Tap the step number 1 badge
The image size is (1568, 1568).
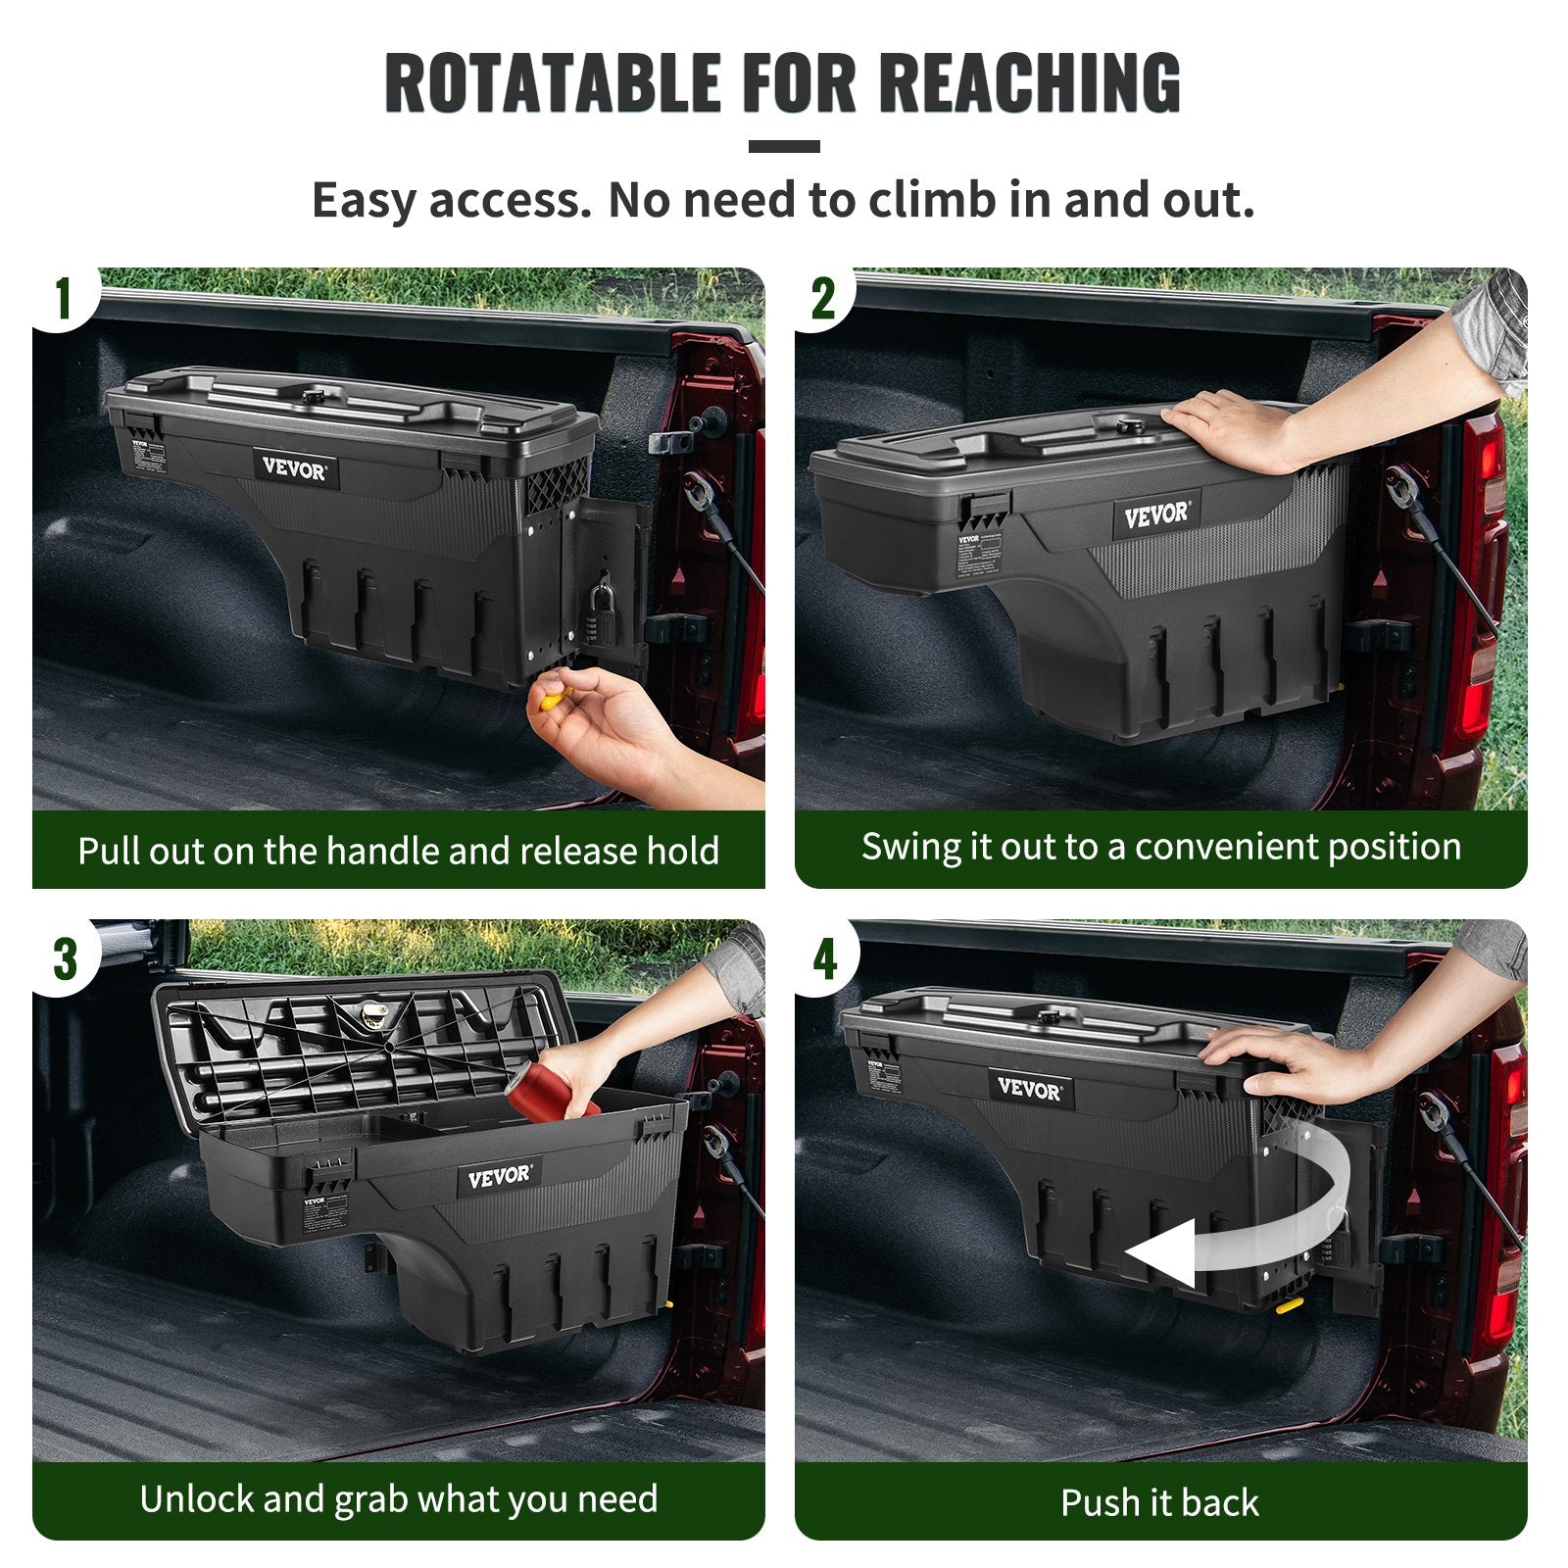pos(64,298)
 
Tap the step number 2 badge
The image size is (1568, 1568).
pos(823,298)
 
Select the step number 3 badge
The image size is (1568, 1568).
pos(65,957)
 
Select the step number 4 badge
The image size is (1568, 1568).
pos(824,957)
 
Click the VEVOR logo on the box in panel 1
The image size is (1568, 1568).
pos(295,468)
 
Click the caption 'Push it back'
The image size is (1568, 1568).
pos(1159,1502)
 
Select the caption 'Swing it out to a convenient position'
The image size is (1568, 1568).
pos(1160,847)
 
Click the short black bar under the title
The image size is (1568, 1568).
pos(784,147)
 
